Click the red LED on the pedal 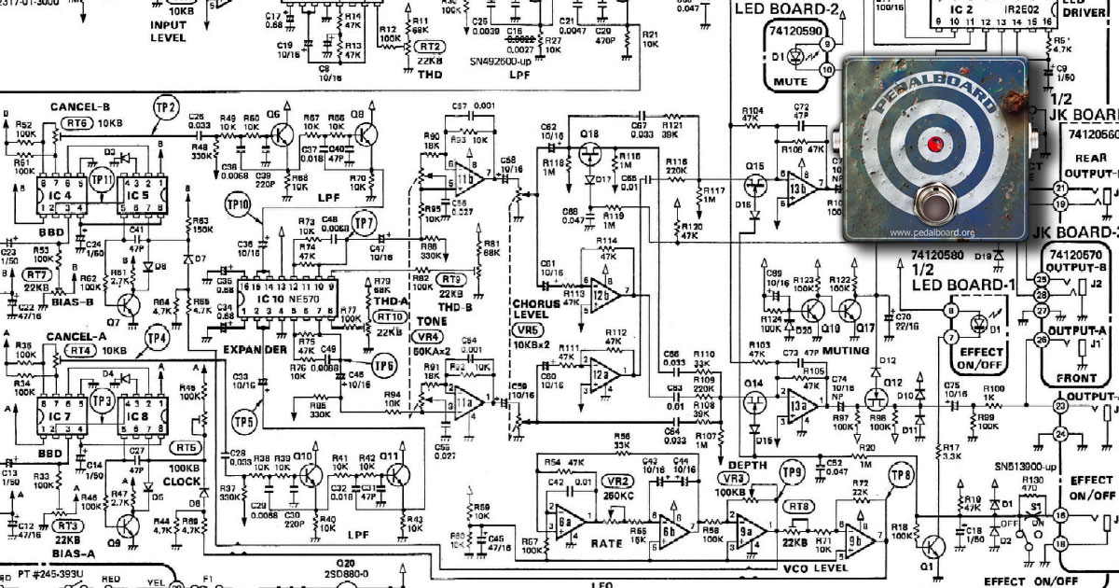point(933,144)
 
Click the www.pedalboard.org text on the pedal point(932,232)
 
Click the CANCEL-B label point(80,106)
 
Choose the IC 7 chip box point(58,414)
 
